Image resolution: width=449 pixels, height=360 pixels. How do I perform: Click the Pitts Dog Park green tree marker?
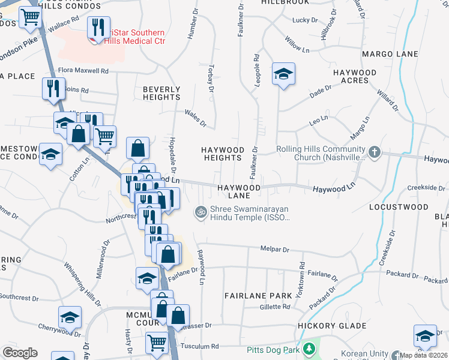pyautogui.click(x=309, y=349)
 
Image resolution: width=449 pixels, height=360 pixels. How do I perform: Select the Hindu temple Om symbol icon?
pyautogui.click(x=200, y=211)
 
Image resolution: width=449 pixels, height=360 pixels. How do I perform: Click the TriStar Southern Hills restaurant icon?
pyautogui.click(x=97, y=28)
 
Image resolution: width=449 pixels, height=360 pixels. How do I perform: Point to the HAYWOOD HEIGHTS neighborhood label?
pyautogui.click(x=223, y=154)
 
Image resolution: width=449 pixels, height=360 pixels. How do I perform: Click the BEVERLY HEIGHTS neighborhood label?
pyautogui.click(x=161, y=93)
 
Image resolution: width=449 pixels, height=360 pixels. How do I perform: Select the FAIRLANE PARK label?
pyautogui.click(x=258, y=296)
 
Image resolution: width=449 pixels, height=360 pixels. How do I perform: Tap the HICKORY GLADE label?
pyautogui.click(x=332, y=326)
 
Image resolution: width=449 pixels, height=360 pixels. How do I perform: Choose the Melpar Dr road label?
pyautogui.click(x=274, y=249)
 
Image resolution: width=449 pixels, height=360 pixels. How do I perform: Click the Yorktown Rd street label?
pyautogui.click(x=302, y=273)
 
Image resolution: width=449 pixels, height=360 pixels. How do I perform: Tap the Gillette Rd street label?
pyautogui.click(x=275, y=307)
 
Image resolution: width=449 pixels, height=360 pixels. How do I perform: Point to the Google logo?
pyautogui.click(x=20, y=353)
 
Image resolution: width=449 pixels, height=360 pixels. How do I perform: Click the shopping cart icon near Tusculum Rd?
pyautogui.click(x=157, y=343)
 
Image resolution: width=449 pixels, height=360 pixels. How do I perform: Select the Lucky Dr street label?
pyautogui.click(x=300, y=20)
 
